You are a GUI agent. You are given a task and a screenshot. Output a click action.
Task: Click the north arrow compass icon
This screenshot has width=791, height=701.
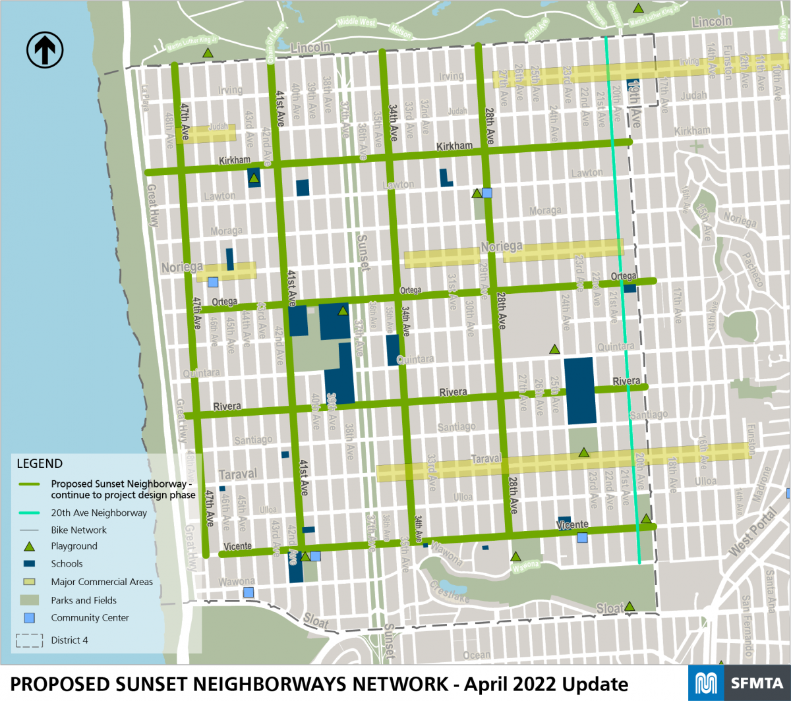pyautogui.click(x=45, y=50)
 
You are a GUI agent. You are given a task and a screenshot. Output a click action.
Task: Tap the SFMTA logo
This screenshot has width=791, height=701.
pyautogui.click(x=739, y=683)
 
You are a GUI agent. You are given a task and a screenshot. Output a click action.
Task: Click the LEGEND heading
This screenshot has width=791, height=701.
pyautogui.click(x=40, y=464)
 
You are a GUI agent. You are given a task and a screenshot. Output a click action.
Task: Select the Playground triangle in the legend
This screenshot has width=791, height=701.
pyautogui.click(x=29, y=546)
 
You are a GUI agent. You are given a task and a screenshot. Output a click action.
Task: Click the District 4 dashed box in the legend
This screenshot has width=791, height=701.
pyautogui.click(x=29, y=640)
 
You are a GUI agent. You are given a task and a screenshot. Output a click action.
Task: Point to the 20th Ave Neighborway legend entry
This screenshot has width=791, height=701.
pyautogui.click(x=99, y=513)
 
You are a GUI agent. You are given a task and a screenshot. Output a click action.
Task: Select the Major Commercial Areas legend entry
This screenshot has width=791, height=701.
pyautogui.click(x=102, y=582)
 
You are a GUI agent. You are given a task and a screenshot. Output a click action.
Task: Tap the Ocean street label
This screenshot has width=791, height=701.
pyautogui.click(x=476, y=655)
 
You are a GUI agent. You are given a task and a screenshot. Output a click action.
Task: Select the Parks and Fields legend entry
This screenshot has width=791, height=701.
pyautogui.click(x=84, y=600)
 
